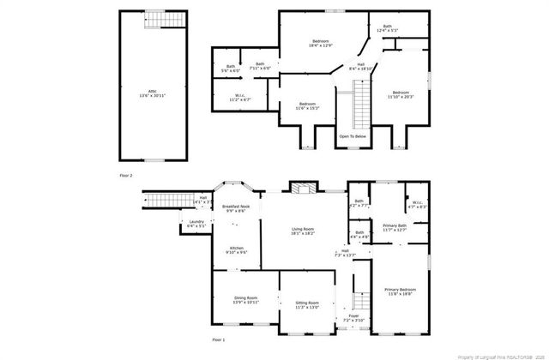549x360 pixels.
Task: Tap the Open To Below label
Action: pos(353,136)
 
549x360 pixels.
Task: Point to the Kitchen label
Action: pos(236,250)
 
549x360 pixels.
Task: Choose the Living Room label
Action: pos(304,231)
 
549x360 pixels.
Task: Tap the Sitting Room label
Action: pos(307,305)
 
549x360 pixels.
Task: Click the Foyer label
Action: pos(353,318)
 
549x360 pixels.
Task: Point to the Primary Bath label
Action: pos(395,227)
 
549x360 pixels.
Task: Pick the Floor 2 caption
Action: pos(125,175)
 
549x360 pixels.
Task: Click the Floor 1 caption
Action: pos(219,340)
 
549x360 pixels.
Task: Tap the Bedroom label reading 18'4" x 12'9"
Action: pos(321,44)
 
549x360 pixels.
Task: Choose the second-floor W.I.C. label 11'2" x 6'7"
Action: pos(241,99)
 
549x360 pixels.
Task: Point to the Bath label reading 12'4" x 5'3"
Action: pos(388,29)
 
